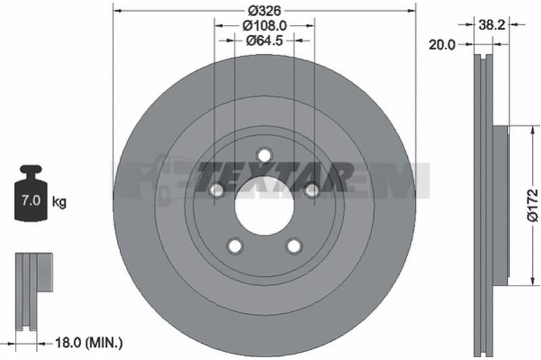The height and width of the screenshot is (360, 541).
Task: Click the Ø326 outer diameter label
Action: coord(264,11)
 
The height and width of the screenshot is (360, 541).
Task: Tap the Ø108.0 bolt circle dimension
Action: coord(264,26)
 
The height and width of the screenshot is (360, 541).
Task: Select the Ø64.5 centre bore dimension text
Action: coord(264,41)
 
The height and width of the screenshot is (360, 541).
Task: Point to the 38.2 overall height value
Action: coord(492,24)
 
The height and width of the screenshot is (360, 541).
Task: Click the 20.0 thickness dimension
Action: coord(442,45)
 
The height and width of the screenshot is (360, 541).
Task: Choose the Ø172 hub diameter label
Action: coord(533,204)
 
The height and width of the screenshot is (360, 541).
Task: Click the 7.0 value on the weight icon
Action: coord(31,200)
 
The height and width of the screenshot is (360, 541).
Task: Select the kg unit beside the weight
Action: coord(59,201)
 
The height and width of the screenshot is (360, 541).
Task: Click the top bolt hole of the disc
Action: coord(264,156)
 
